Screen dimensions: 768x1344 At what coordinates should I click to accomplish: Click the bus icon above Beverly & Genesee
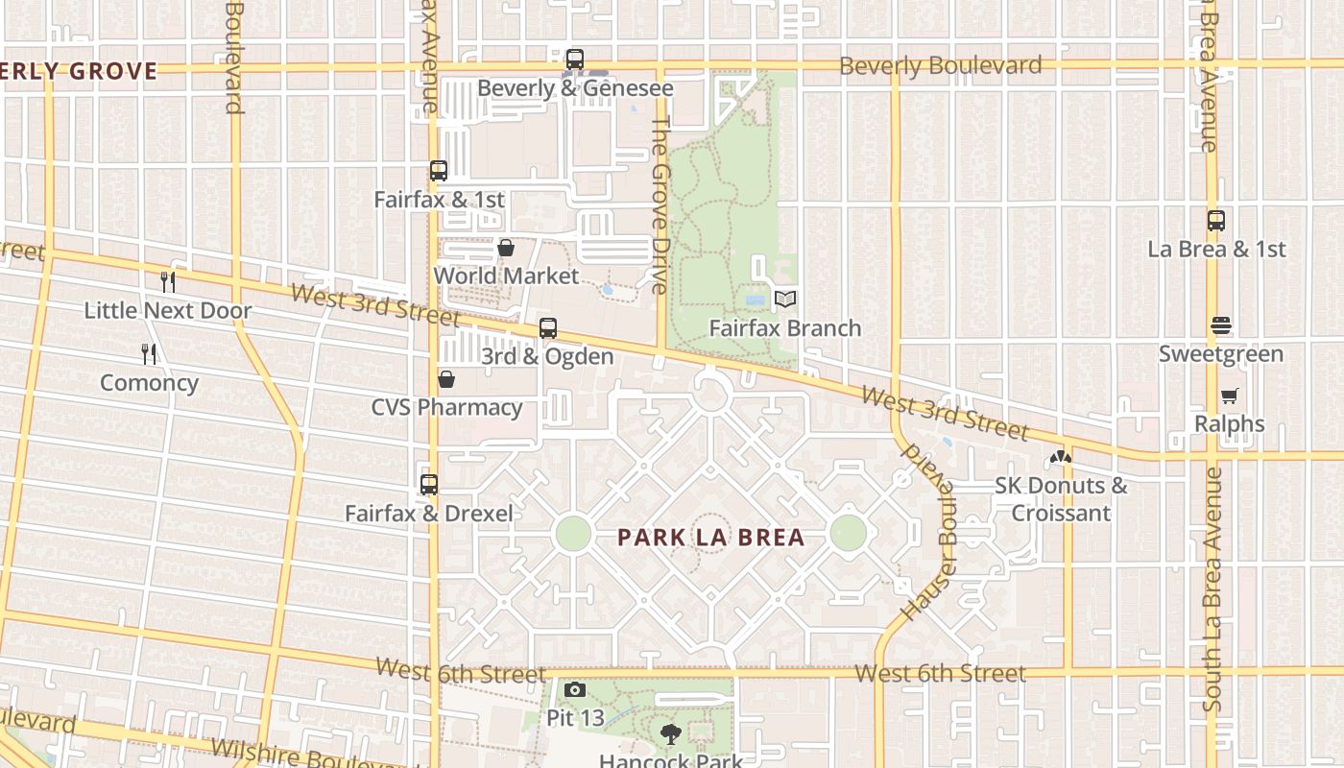tap(574, 60)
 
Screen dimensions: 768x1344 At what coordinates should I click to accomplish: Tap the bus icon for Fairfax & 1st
tap(439, 171)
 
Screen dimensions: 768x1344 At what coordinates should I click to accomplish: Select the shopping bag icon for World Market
tap(506, 248)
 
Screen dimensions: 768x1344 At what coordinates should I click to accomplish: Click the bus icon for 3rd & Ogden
tap(548, 328)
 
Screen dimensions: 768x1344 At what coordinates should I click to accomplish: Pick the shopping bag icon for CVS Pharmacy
tap(446, 379)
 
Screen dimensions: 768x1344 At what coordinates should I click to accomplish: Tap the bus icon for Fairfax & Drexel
tap(429, 485)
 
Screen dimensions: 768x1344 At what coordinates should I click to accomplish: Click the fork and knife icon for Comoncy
tap(149, 354)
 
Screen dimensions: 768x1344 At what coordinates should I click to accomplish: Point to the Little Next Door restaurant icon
tap(168, 282)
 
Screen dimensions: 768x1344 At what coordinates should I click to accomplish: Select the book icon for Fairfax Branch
tap(785, 300)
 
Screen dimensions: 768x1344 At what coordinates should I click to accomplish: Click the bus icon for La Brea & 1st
tap(1216, 221)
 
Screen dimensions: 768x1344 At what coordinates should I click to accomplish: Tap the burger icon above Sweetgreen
tap(1221, 325)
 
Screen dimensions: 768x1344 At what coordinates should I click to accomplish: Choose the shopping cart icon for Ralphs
tap(1230, 396)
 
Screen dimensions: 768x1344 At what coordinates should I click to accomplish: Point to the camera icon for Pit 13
tap(575, 689)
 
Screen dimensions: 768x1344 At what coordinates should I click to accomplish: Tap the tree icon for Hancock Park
tap(671, 734)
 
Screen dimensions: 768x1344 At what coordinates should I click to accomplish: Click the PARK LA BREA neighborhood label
tap(711, 538)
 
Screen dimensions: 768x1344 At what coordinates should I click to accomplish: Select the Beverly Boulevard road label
tap(940, 65)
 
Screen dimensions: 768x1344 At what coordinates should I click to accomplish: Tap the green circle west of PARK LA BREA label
tap(573, 533)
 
